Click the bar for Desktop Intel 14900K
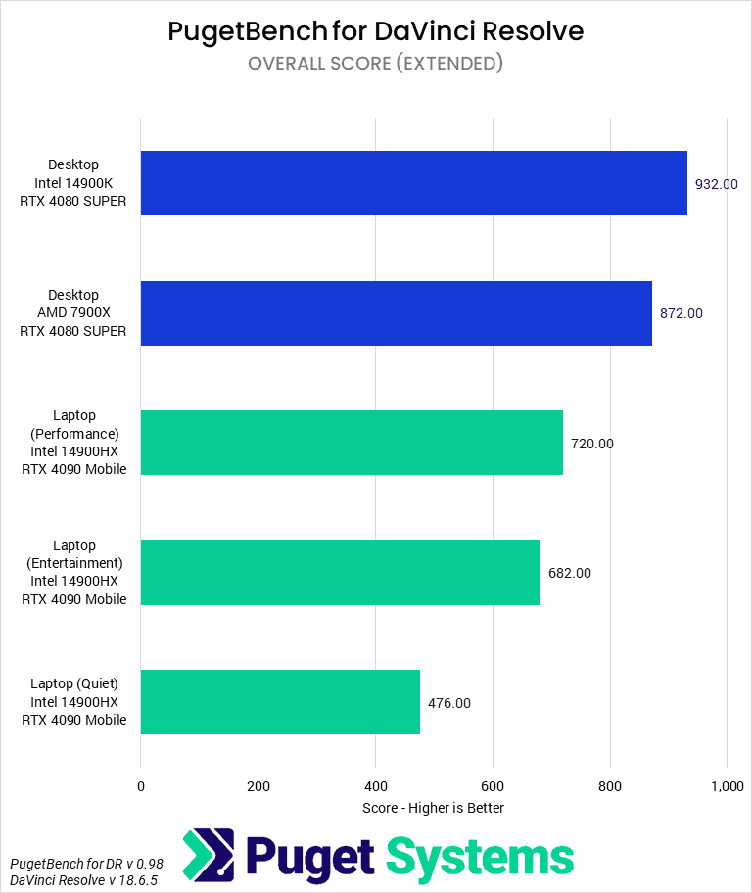pyautogui.click(x=413, y=183)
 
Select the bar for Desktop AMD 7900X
pyautogui.click(x=396, y=313)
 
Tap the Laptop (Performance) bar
pyautogui.click(x=352, y=443)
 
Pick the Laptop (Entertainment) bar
pyautogui.click(x=340, y=573)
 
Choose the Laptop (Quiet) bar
pyautogui.click(x=280, y=702)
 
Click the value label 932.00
pyautogui.click(x=716, y=184)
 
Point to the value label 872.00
pyautogui.click(x=681, y=313)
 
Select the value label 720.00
pyautogui.click(x=591, y=444)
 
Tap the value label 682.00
pyautogui.click(x=569, y=573)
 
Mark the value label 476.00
pyautogui.click(x=448, y=703)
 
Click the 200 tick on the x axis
pyautogui.click(x=258, y=786)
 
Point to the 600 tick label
pyautogui.click(x=493, y=786)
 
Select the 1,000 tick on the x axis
pyautogui.click(x=727, y=786)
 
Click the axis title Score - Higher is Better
pyautogui.click(x=433, y=808)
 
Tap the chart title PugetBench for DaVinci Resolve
pyautogui.click(x=376, y=31)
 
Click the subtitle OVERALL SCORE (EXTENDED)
pyautogui.click(x=376, y=64)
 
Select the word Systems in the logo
pyautogui.click(x=480, y=857)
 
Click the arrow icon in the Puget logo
pyautogui.click(x=209, y=855)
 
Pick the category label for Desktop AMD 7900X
pyautogui.click(x=73, y=313)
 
